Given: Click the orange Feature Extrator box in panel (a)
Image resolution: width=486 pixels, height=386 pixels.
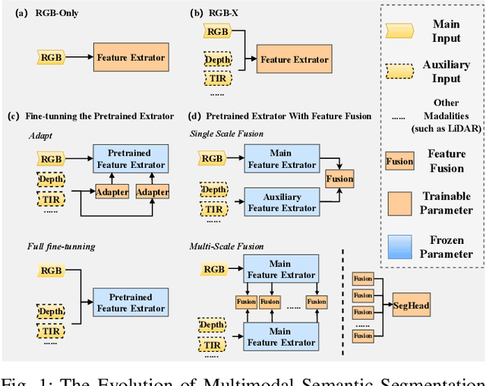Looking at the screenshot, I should pos(131,57).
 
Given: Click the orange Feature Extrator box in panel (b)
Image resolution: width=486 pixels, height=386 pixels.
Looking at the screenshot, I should pos(294,59).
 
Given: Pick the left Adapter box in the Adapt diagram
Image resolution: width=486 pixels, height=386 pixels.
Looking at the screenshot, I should pos(112,192).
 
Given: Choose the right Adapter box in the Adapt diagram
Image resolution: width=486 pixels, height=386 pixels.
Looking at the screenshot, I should pos(152,192).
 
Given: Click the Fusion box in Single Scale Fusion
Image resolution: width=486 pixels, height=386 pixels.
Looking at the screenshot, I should pos(339,179).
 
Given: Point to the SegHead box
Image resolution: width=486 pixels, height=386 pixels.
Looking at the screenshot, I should pos(412,305).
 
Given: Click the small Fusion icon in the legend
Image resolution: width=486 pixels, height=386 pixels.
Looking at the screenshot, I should pos(400,160).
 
